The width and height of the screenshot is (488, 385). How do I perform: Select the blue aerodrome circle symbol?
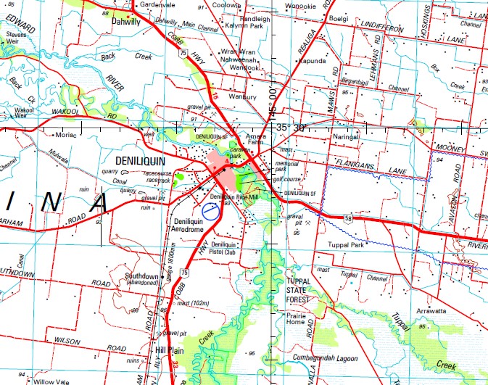click(211, 212)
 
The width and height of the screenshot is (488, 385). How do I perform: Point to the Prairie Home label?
click(299, 318)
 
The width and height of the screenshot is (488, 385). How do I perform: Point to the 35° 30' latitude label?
click(294, 128)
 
